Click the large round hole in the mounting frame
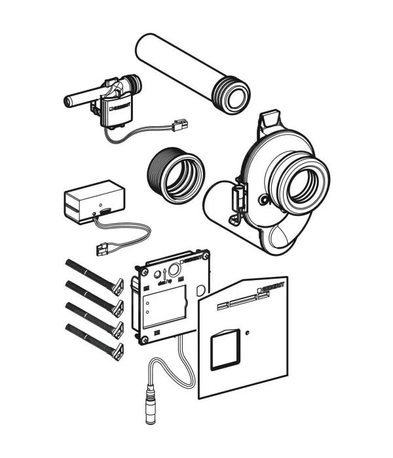176,268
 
